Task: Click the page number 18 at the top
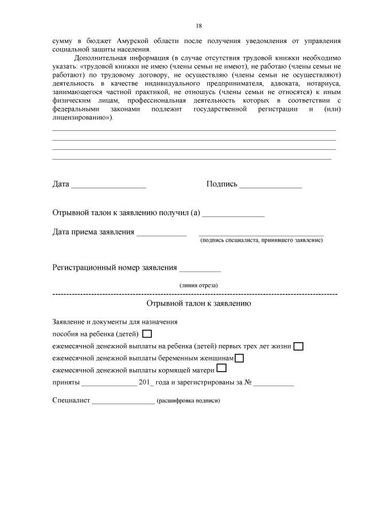(x=199, y=26)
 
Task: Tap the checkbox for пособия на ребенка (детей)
(x=147, y=334)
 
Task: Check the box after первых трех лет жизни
(x=298, y=346)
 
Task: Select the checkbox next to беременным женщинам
(x=239, y=358)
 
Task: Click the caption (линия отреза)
(x=198, y=285)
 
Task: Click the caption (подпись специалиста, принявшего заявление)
(x=261, y=240)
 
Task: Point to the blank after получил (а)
(x=234, y=215)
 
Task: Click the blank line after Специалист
(x=123, y=401)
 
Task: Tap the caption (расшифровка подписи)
(x=188, y=401)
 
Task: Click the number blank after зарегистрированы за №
(x=274, y=384)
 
